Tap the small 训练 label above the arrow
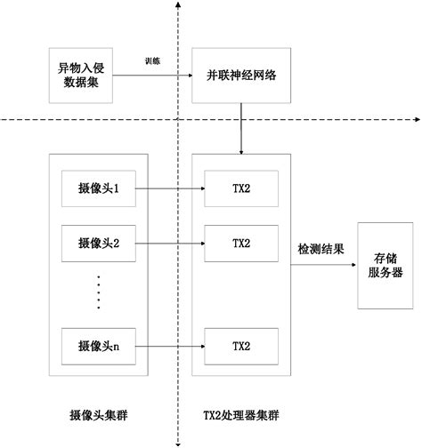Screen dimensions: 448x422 point(153,61)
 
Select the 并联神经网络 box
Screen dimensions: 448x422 point(240,76)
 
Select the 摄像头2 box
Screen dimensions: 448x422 point(98,242)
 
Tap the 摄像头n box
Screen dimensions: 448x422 point(98,345)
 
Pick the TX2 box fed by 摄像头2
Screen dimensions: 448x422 point(241,242)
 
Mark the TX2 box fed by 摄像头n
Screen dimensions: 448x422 point(241,345)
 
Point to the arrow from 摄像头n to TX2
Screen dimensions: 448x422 point(169,345)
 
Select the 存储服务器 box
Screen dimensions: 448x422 point(385,266)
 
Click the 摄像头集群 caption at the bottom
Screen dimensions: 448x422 point(99,415)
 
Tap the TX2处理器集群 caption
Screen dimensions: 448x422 point(239,415)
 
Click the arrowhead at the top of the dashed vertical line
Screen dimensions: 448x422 point(180,5)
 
